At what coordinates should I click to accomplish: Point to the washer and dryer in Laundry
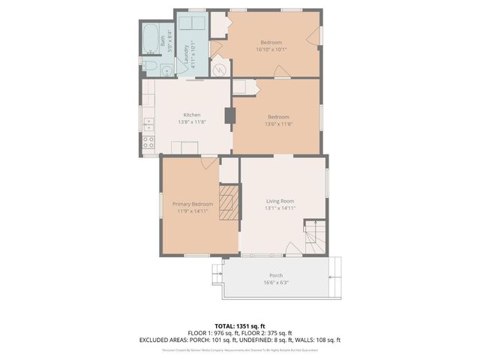point(192,22)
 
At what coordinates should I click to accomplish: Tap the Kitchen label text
point(192,115)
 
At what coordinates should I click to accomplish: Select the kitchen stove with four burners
point(149,140)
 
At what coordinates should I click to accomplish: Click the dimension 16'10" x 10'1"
point(271,49)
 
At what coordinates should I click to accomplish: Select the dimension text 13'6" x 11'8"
point(278,124)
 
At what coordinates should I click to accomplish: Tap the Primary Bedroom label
point(193,204)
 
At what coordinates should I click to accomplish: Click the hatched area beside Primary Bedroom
point(228,203)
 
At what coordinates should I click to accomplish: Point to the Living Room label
point(279,201)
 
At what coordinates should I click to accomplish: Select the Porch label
point(276,275)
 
